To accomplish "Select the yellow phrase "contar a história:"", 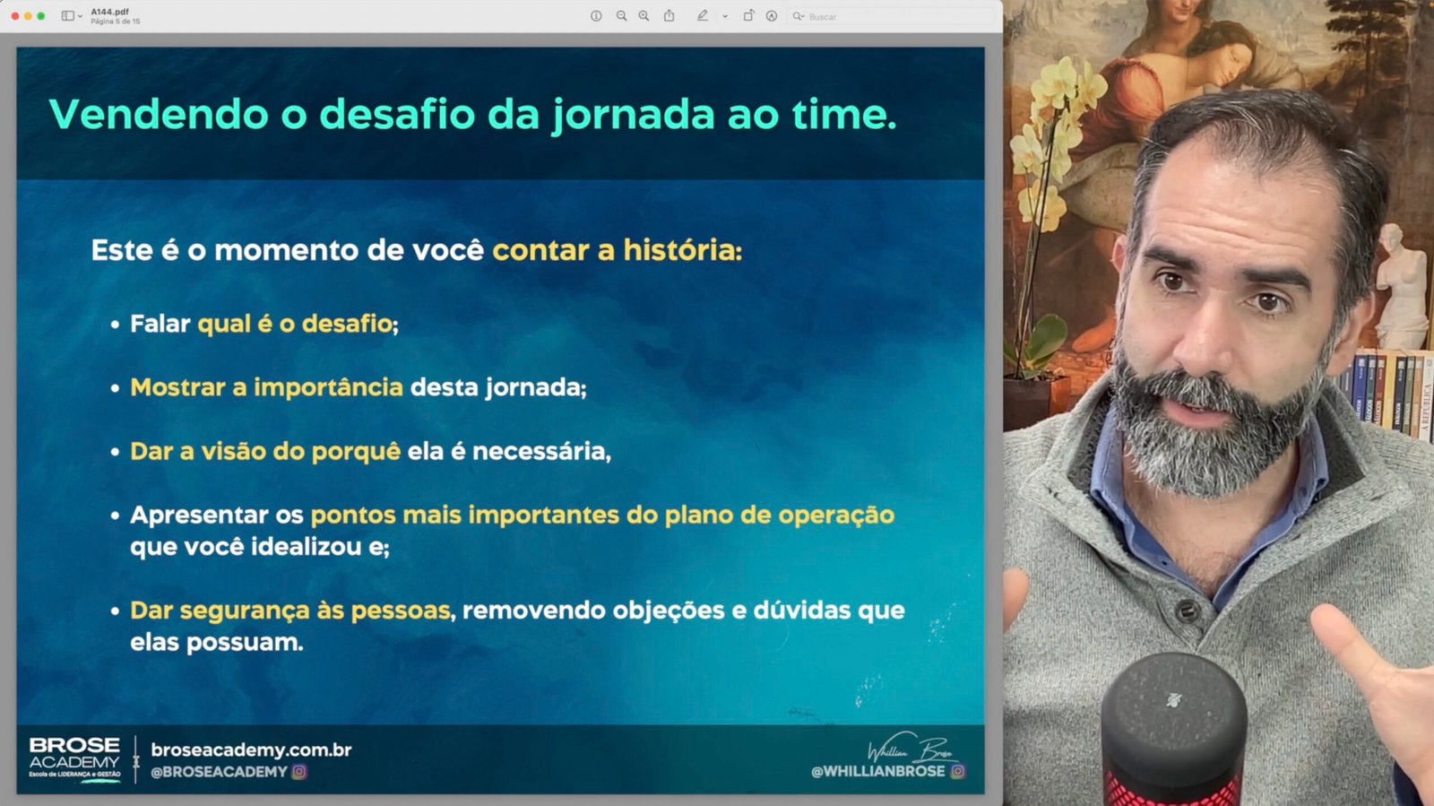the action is tap(618, 250).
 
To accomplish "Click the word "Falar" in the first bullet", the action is tap(160, 324).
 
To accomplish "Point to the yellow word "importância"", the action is tap(328, 387).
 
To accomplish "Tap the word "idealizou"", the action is tap(306, 547).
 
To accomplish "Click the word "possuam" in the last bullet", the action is tap(245, 643).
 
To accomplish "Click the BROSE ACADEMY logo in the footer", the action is tap(74, 758).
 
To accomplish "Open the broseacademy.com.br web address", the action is tap(251, 750).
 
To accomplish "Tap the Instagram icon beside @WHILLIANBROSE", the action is tap(958, 771).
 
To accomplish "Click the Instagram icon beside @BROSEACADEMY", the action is tap(299, 772).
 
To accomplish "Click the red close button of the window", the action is tap(14, 16).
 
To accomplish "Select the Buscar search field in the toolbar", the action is tap(890, 17).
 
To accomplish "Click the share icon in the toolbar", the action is tap(669, 16).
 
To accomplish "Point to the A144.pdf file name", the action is tap(109, 13).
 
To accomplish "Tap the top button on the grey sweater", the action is tap(1187, 611).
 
